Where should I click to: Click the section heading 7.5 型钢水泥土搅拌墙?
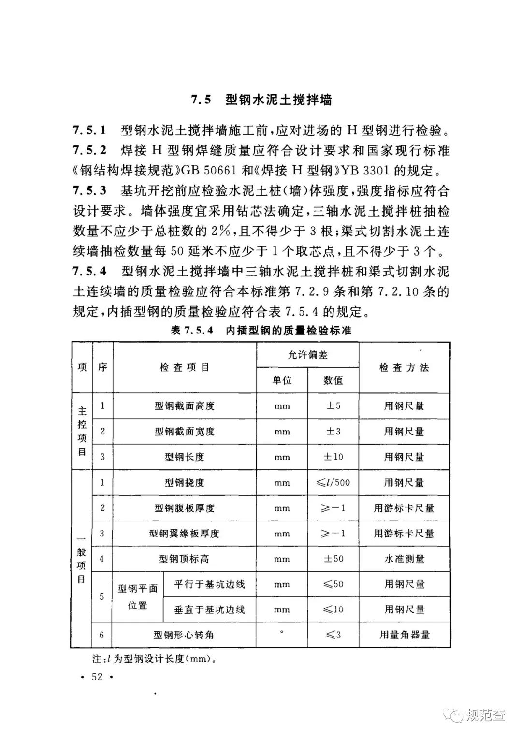261,100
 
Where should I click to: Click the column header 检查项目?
184,368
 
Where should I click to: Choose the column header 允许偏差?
307,355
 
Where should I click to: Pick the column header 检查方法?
404,368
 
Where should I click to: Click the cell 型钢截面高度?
184,406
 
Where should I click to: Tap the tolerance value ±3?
333,431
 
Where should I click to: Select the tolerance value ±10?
333,457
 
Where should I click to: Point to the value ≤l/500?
333,482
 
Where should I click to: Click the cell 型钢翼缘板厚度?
184,534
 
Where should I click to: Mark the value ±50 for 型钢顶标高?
333,559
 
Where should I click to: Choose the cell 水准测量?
404,559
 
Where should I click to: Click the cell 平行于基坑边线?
209,584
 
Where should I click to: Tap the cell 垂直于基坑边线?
209,610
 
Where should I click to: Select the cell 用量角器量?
404,635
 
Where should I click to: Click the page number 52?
97,677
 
